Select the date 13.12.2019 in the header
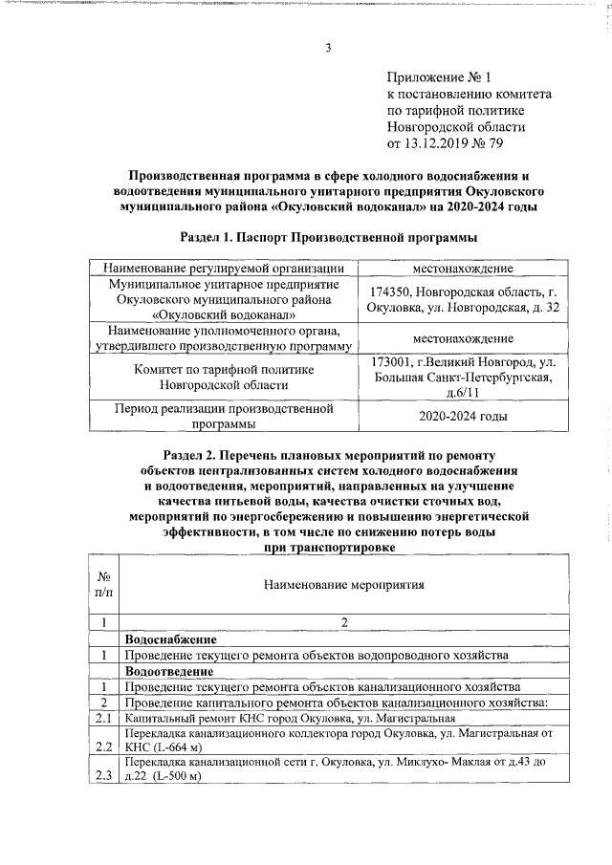(x=439, y=143)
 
